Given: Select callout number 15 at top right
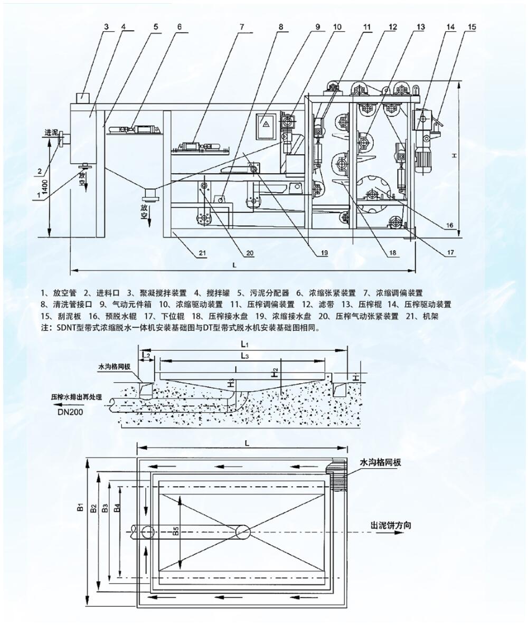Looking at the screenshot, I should tap(472, 25).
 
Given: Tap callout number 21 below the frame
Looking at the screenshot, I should tap(202, 253).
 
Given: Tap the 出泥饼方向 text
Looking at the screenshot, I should tap(391, 525).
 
